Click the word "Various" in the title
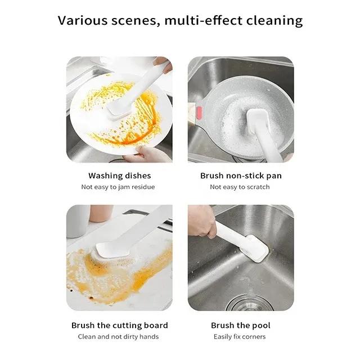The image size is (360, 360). (x=83, y=20)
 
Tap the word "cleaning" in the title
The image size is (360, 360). (x=274, y=21)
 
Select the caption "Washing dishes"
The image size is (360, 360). (x=120, y=176)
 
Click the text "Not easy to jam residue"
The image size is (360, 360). (x=118, y=187)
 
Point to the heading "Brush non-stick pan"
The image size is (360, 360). (x=241, y=176)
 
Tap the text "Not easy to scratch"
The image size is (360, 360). (x=240, y=187)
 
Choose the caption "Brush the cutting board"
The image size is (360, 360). (x=120, y=326)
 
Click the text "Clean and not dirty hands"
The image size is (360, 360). (x=118, y=337)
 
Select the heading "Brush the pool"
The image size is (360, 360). (x=241, y=326)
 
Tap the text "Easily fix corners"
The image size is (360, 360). (x=240, y=337)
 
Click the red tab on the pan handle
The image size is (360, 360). (x=199, y=112)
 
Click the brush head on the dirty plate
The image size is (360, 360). (x=119, y=110)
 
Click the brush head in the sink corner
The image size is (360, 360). (x=256, y=249)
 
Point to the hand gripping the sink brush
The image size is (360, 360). (x=202, y=221)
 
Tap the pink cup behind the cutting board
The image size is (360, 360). (x=101, y=213)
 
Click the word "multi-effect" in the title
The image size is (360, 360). (x=203, y=20)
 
